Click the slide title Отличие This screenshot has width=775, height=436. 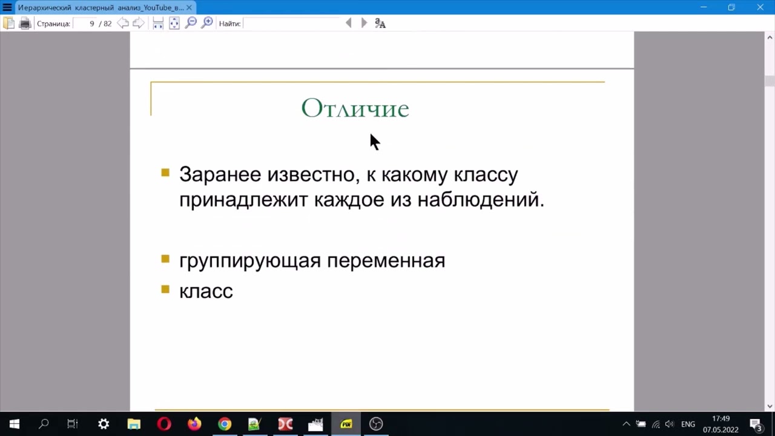pyautogui.click(x=355, y=108)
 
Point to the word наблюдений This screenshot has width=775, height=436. pyautogui.click(x=481, y=199)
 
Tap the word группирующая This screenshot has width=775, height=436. pyautogui.click(x=250, y=260)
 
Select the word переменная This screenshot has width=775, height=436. pyautogui.click(x=386, y=260)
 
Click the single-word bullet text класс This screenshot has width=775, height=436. pyautogui.click(x=206, y=291)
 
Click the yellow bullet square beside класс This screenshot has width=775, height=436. pyautogui.click(x=165, y=289)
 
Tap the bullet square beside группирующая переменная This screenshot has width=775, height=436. pyautogui.click(x=165, y=259)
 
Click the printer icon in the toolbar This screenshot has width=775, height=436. pyautogui.click(x=25, y=24)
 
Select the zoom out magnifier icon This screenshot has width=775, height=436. pyautogui.click(x=191, y=23)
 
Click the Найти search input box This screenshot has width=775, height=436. pyautogui.click(x=293, y=24)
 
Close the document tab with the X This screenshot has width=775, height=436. pyautogui.click(x=189, y=7)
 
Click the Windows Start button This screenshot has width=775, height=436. pyautogui.click(x=15, y=424)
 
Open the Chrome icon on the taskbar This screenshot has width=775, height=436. pyautogui.click(x=225, y=424)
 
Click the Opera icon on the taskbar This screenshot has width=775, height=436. pyautogui.click(x=164, y=424)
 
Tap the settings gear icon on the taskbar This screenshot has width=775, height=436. pyautogui.click(x=104, y=424)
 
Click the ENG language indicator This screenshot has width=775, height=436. pyautogui.click(x=688, y=424)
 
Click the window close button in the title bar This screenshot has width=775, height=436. pyautogui.click(x=760, y=7)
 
